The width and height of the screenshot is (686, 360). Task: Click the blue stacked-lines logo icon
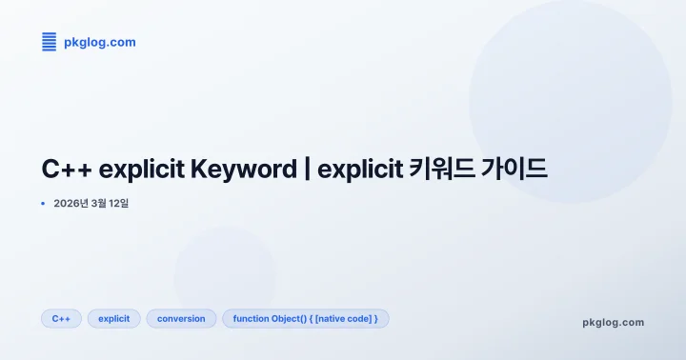[50, 42]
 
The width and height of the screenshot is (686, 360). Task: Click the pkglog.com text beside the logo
[100, 42]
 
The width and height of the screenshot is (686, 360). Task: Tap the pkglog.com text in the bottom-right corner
[613, 322]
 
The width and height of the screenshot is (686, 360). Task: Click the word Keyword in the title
[244, 170]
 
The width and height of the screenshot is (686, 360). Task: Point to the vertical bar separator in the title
[307, 170]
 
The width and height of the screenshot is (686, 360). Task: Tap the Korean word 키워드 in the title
[446, 170]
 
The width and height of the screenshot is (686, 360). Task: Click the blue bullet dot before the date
[43, 204]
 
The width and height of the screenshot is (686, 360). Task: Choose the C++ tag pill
[61, 318]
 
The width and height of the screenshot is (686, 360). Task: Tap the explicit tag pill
[114, 318]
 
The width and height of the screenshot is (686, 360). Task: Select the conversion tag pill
[181, 318]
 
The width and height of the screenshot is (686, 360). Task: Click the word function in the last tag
[252, 318]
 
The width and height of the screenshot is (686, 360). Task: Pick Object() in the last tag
[290, 318]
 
